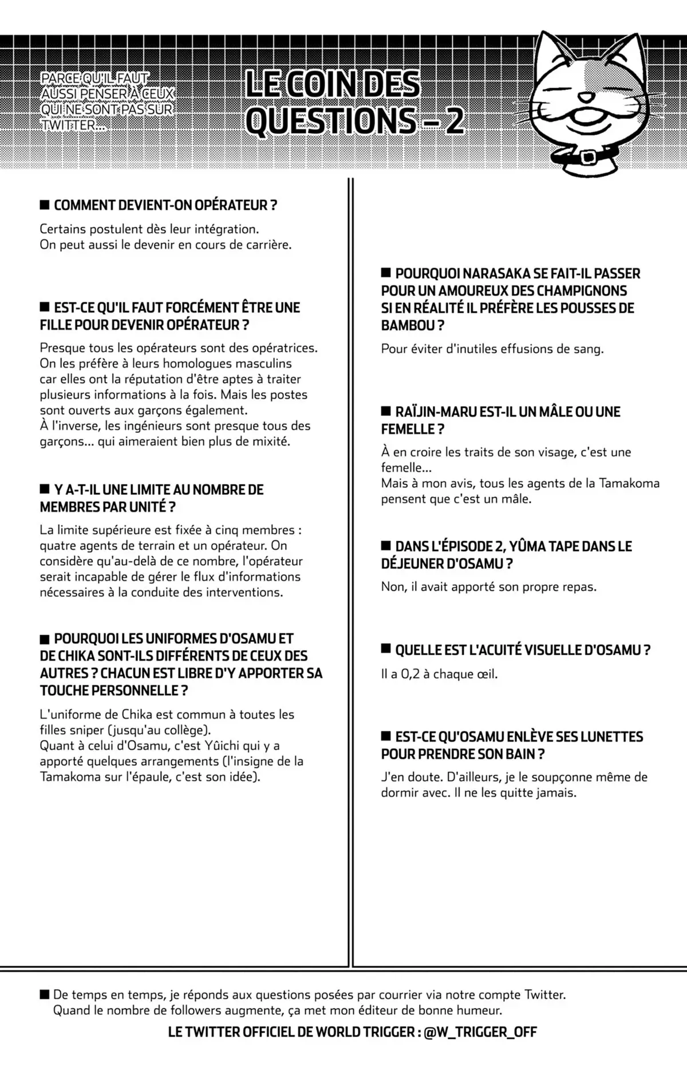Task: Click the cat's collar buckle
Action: pyautogui.click(x=587, y=156)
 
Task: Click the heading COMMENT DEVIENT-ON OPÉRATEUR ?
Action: pyautogui.click(x=165, y=205)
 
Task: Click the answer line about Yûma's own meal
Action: pyautogui.click(x=488, y=587)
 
